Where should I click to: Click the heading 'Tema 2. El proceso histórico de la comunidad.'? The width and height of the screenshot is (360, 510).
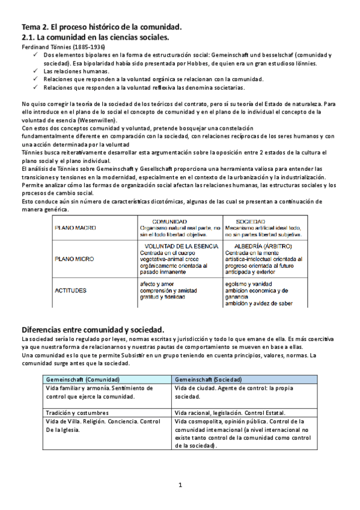pyautogui.click(x=102, y=28)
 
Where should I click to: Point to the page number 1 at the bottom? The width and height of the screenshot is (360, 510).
pyautogui.click(x=179, y=484)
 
